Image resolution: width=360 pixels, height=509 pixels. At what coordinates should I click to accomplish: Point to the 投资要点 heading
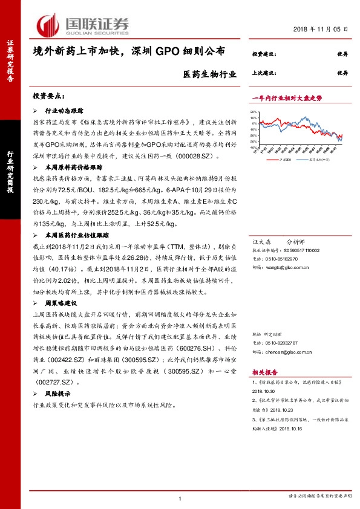(x=48, y=96)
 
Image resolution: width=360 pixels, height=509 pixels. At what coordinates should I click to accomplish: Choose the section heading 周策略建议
(x=63, y=302)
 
